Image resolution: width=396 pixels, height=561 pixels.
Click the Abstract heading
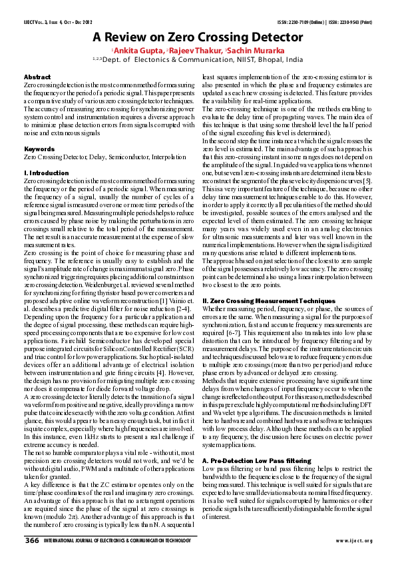point(37,78)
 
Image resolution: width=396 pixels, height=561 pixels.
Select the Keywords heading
point(39,149)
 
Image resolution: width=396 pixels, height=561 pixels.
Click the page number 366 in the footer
point(32,540)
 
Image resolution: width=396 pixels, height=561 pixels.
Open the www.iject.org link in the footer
point(353,541)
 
